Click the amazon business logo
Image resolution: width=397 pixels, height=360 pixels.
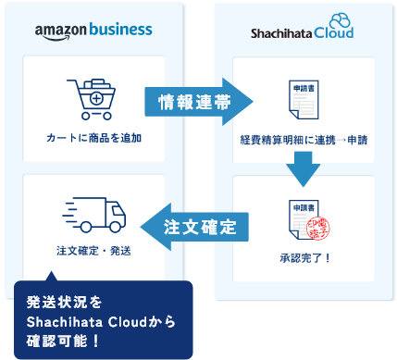(x=93, y=31)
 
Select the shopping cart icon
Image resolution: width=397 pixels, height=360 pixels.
(x=93, y=100)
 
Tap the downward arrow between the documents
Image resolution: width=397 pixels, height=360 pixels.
(x=304, y=170)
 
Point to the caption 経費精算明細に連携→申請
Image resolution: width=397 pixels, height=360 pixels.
(x=304, y=140)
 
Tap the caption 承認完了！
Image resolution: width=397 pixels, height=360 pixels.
(x=304, y=256)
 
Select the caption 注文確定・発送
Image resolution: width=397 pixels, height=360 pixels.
(x=93, y=251)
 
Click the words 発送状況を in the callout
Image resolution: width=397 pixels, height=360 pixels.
(x=59, y=302)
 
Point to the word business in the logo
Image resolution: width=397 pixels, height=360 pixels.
(x=118, y=31)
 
